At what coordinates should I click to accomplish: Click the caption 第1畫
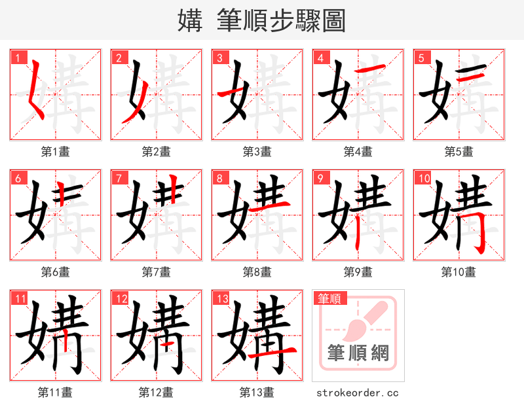click(x=56, y=152)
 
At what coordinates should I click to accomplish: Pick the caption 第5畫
click(x=458, y=152)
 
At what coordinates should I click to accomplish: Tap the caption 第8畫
click(x=257, y=272)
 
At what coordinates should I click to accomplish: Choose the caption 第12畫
click(x=156, y=393)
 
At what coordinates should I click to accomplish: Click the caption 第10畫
click(x=458, y=272)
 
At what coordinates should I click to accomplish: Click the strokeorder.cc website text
click(x=358, y=393)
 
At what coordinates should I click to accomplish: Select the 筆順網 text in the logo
click(x=358, y=354)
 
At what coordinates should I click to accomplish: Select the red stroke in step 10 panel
click(x=479, y=232)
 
